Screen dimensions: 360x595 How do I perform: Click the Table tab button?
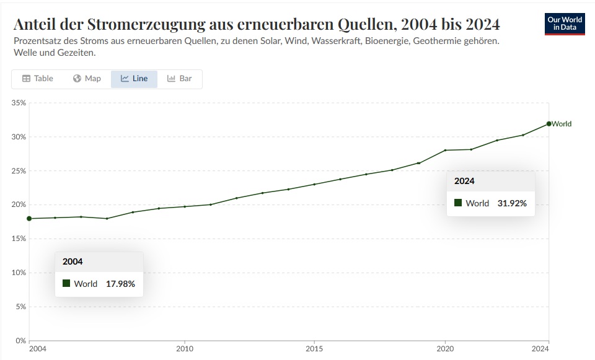tap(38, 79)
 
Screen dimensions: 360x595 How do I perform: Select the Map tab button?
tap(87, 79)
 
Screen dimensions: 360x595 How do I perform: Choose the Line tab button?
tap(134, 79)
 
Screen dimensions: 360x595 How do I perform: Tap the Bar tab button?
tap(180, 79)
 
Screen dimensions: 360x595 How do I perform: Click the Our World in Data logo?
tap(565, 24)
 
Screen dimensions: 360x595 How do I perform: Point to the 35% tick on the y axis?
tap(19, 103)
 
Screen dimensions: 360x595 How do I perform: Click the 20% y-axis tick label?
tap(19, 204)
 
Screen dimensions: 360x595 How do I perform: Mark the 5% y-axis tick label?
tap(20, 307)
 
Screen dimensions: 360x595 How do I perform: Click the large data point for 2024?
tap(549, 124)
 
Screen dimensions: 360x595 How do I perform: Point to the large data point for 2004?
tap(29, 218)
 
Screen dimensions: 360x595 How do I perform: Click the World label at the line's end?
tap(562, 124)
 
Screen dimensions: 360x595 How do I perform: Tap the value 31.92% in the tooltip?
tap(512, 203)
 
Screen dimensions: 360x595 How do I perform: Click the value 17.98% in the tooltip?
tap(120, 284)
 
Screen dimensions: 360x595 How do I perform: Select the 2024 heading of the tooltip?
tap(464, 181)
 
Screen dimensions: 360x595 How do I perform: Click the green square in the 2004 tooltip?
tap(66, 283)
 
